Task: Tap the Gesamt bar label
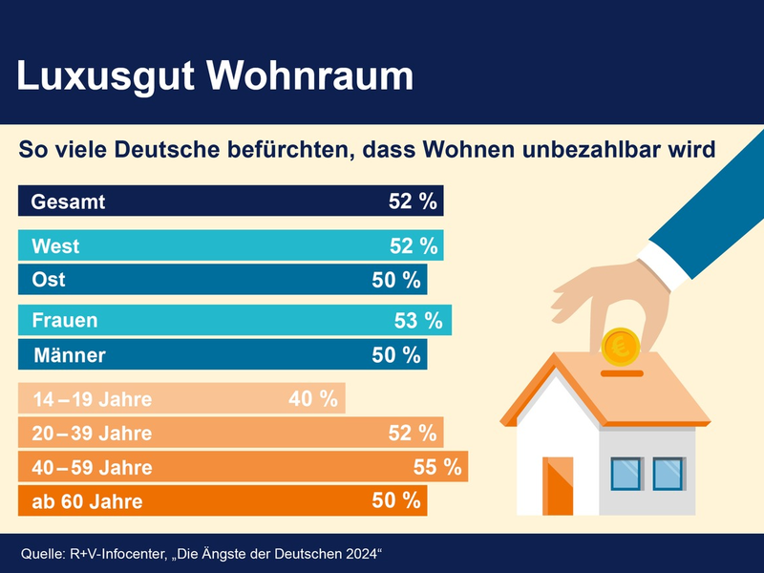[68, 202]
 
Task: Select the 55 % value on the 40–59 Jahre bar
[437, 467]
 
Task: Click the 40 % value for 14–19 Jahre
[313, 399]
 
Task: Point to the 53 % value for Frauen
[418, 321]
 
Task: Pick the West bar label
[55, 246]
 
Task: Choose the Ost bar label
[49, 280]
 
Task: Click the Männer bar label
[70, 355]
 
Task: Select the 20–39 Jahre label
[92, 434]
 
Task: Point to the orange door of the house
[558, 486]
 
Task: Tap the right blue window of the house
[668, 472]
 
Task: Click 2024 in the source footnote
[358, 554]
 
